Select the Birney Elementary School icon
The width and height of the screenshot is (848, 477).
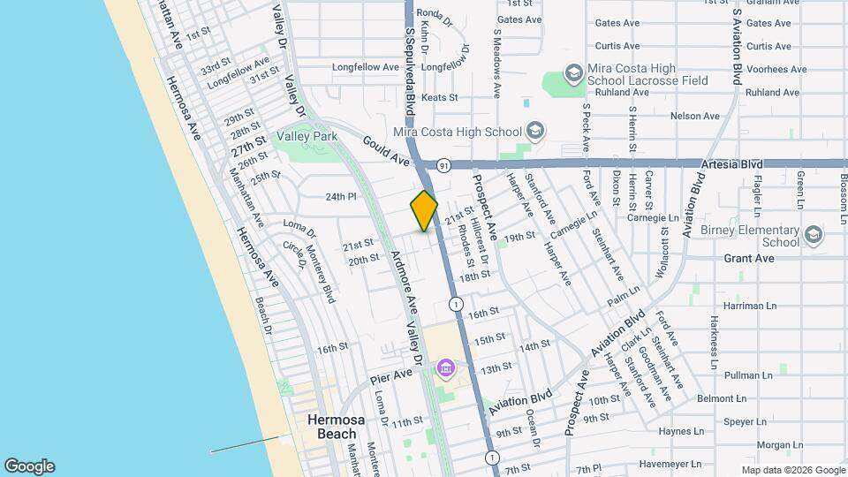(813, 235)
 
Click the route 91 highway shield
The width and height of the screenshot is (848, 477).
(443, 164)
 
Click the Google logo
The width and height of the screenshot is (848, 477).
(29, 466)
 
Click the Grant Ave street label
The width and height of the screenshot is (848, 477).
(748, 258)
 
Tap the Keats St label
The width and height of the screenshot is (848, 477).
(439, 98)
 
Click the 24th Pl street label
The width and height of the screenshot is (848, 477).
(340, 197)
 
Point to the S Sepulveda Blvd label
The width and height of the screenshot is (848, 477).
(411, 62)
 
